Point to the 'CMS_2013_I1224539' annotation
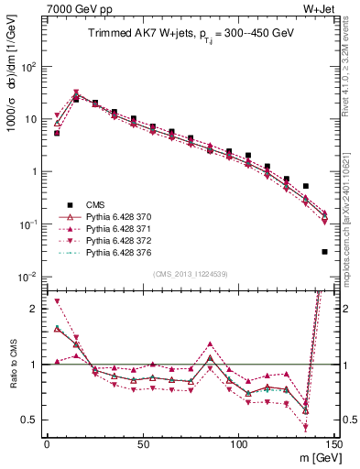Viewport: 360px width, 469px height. click(x=190, y=272)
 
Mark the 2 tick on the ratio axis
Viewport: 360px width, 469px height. click(x=34, y=309)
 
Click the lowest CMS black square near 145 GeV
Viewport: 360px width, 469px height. click(x=325, y=251)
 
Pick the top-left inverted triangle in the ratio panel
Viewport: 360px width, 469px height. click(x=57, y=301)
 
